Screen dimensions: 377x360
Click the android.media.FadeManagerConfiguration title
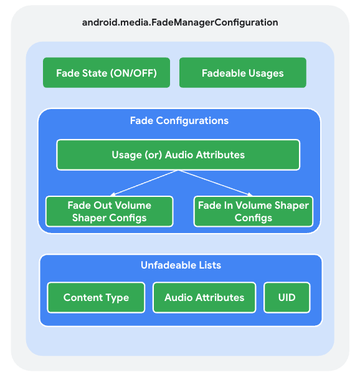[x=180, y=22]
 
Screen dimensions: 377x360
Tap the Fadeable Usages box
[x=242, y=73]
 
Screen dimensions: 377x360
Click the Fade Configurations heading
[x=179, y=120]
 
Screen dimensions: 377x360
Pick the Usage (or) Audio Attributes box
[x=178, y=155]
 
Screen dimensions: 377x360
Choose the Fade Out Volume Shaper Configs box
[x=109, y=211]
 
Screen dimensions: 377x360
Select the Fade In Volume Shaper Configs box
[x=253, y=211]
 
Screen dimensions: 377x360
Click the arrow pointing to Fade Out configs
[x=143, y=183]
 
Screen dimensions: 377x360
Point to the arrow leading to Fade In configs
[x=215, y=183]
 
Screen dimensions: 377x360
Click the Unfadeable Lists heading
[x=181, y=265]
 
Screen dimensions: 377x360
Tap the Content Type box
[x=96, y=297]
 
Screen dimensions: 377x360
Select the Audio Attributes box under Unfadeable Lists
[x=204, y=297]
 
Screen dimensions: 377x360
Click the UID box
[x=287, y=297]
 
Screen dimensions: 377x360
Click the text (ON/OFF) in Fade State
[x=134, y=73]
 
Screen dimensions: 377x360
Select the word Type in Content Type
[x=116, y=297]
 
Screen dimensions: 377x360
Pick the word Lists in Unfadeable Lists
[x=208, y=265]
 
